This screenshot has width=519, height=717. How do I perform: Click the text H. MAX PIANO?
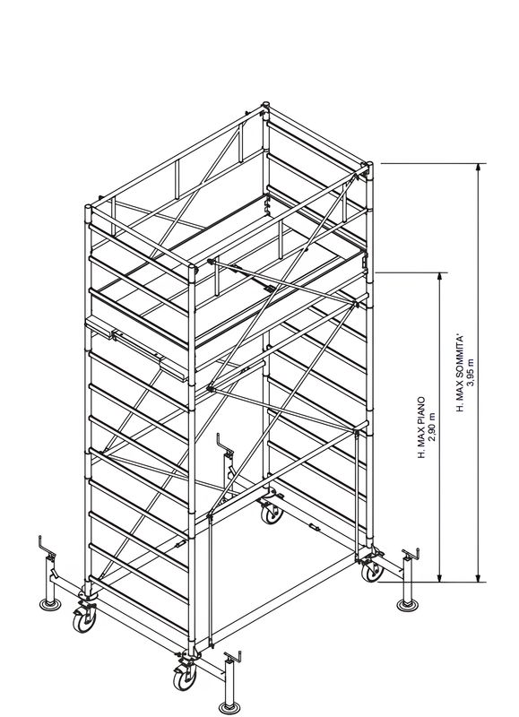[420, 427]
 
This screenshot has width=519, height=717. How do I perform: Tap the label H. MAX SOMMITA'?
[459, 373]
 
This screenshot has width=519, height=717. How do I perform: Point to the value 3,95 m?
[471, 373]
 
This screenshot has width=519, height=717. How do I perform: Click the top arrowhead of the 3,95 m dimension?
[479, 168]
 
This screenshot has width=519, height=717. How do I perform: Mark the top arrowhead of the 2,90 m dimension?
[440, 277]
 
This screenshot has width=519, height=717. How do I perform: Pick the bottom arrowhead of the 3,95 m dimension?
[479, 578]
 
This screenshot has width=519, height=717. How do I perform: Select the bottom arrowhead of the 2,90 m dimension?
[440, 578]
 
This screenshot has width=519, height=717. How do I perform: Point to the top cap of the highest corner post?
[265, 107]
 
